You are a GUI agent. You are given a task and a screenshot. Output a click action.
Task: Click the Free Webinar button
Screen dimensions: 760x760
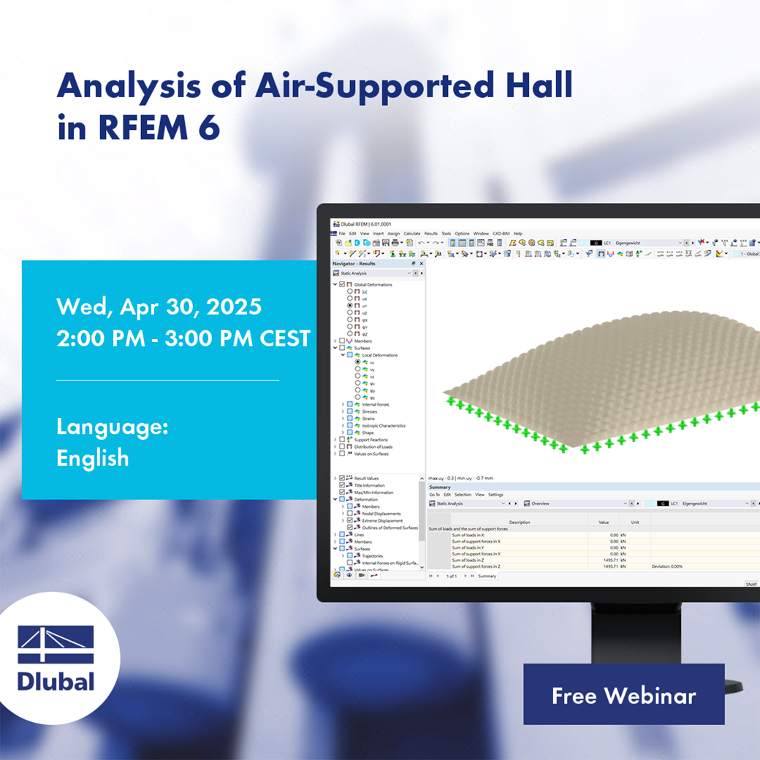tap(623, 694)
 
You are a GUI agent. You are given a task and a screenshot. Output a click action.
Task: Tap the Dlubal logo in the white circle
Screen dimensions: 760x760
tap(56, 658)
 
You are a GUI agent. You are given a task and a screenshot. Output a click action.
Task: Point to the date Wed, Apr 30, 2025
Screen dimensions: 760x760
tap(159, 306)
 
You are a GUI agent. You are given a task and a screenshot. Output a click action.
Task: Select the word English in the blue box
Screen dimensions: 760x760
tap(93, 458)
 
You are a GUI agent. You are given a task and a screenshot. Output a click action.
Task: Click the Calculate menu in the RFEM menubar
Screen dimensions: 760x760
tap(412, 233)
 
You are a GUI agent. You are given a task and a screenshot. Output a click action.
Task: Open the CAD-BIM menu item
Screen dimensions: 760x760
tap(501, 233)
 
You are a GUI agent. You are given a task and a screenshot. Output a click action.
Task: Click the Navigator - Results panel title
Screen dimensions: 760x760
tap(354, 263)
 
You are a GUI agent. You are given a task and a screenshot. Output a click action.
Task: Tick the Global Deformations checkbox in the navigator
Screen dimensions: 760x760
tap(342, 284)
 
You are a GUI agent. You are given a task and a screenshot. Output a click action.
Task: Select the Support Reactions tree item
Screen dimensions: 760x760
tap(372, 439)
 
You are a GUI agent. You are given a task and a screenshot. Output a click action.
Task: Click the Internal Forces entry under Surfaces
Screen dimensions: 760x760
tap(376, 404)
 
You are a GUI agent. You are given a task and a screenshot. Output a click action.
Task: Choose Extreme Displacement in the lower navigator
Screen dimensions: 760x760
tap(381, 520)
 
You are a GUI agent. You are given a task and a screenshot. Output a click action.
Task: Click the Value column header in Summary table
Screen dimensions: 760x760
tap(604, 522)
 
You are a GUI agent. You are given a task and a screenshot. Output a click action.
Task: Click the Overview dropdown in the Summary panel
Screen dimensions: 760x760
tap(577, 503)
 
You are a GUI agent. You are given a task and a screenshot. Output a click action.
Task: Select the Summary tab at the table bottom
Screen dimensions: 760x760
tap(487, 576)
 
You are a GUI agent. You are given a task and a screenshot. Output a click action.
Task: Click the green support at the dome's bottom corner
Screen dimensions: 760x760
tap(563, 449)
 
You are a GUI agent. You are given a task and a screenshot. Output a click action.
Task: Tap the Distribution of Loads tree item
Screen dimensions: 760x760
tap(373, 446)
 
